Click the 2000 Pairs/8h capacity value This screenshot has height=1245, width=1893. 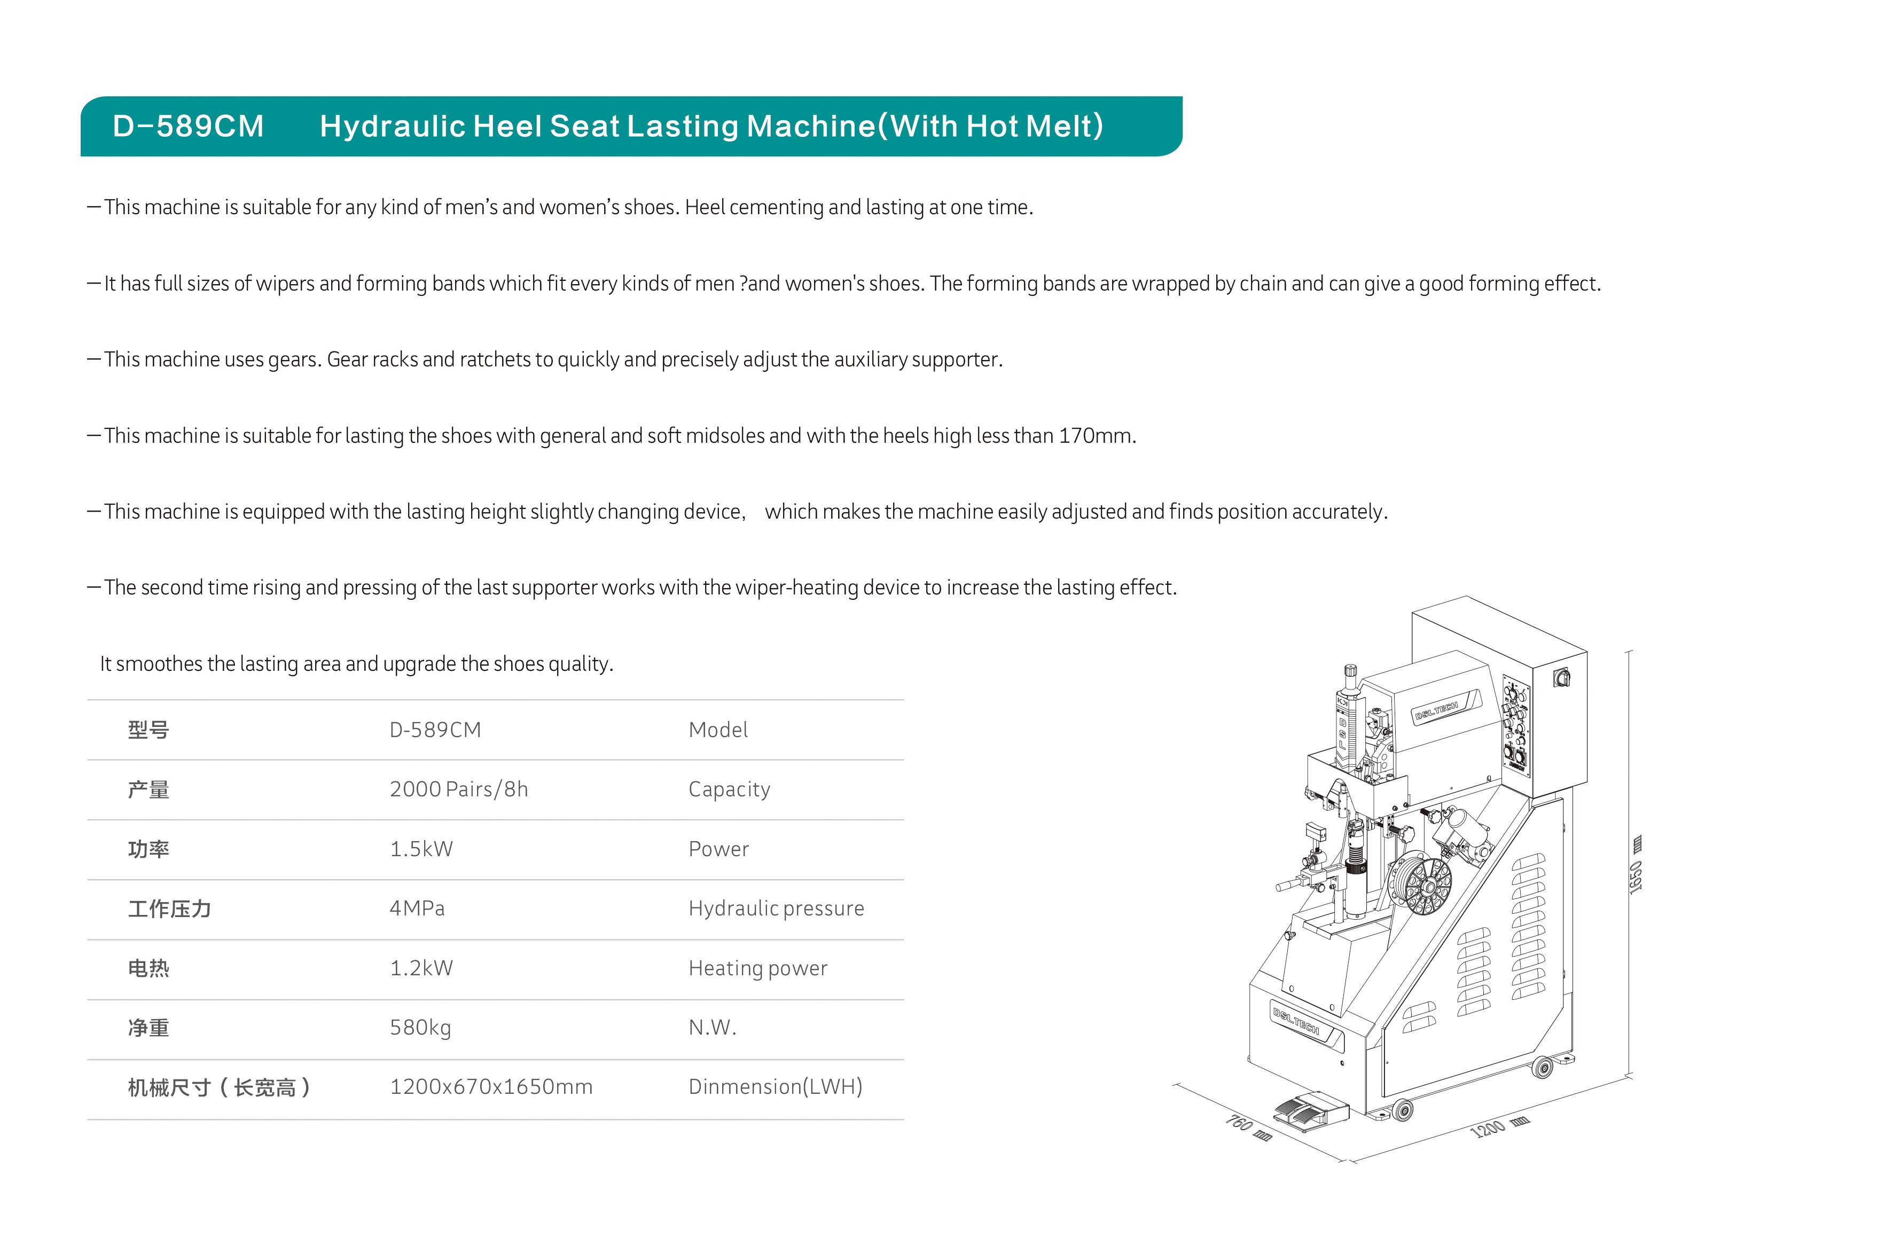point(458,789)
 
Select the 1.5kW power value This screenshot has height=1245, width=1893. point(421,849)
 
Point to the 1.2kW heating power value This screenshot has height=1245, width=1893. point(421,968)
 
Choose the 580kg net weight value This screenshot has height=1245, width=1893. point(420,1028)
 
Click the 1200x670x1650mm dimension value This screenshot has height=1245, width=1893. point(491,1087)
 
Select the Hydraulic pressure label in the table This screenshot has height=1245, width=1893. point(776,909)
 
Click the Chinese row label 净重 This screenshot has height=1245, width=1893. point(148,1028)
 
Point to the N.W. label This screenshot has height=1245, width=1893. point(712,1028)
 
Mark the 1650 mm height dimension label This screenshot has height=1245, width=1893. point(1636,867)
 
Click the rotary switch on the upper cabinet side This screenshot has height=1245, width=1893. point(1561,678)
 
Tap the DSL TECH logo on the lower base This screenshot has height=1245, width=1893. point(1296,1021)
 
